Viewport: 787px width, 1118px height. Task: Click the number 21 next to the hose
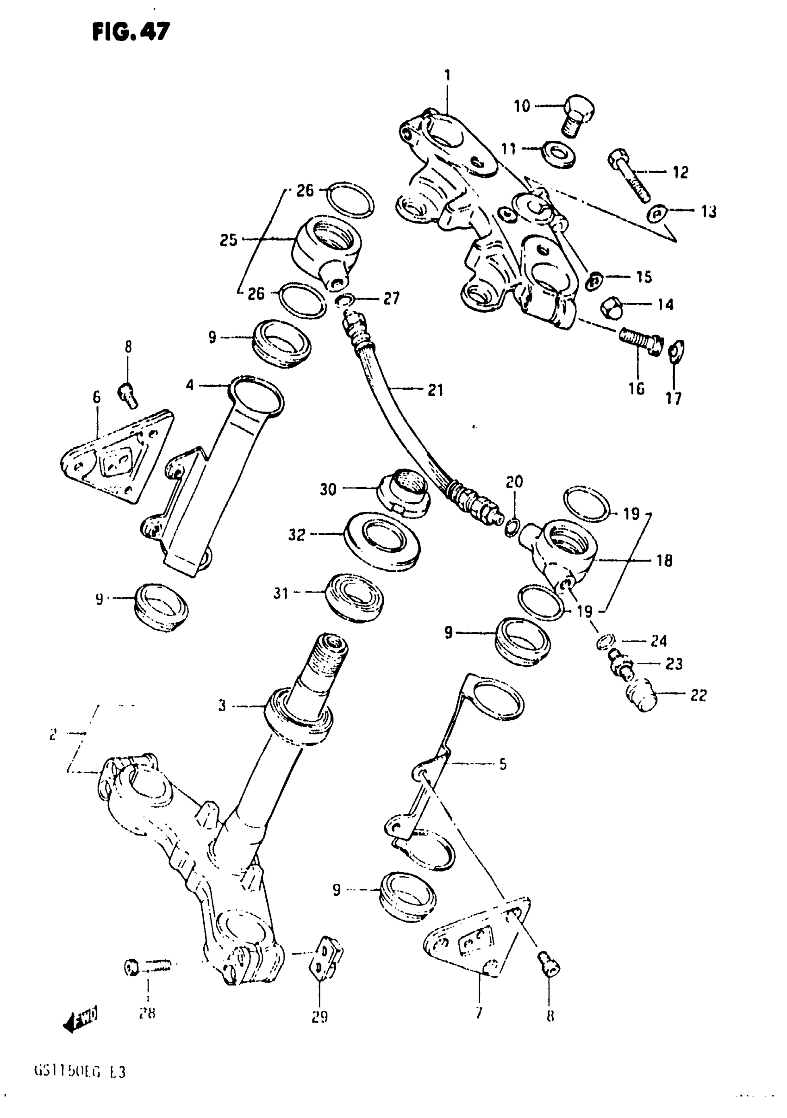[435, 390]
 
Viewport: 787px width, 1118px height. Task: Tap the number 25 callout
[228, 240]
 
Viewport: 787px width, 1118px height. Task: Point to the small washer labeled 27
[344, 300]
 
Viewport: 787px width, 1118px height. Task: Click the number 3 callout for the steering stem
[222, 706]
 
